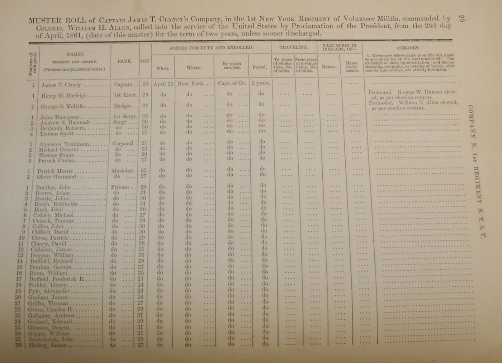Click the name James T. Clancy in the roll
[x=61, y=85]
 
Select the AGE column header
[x=145, y=61]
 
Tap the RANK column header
[x=124, y=61]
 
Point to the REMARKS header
[x=408, y=47]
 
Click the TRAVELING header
[x=293, y=47]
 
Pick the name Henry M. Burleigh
[x=64, y=96]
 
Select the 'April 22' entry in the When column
[x=163, y=84]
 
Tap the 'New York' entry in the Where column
[x=190, y=84]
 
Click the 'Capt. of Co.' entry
[x=232, y=83]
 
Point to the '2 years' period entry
[x=260, y=83]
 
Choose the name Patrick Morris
[x=55, y=171]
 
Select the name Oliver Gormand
[x=56, y=177]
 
